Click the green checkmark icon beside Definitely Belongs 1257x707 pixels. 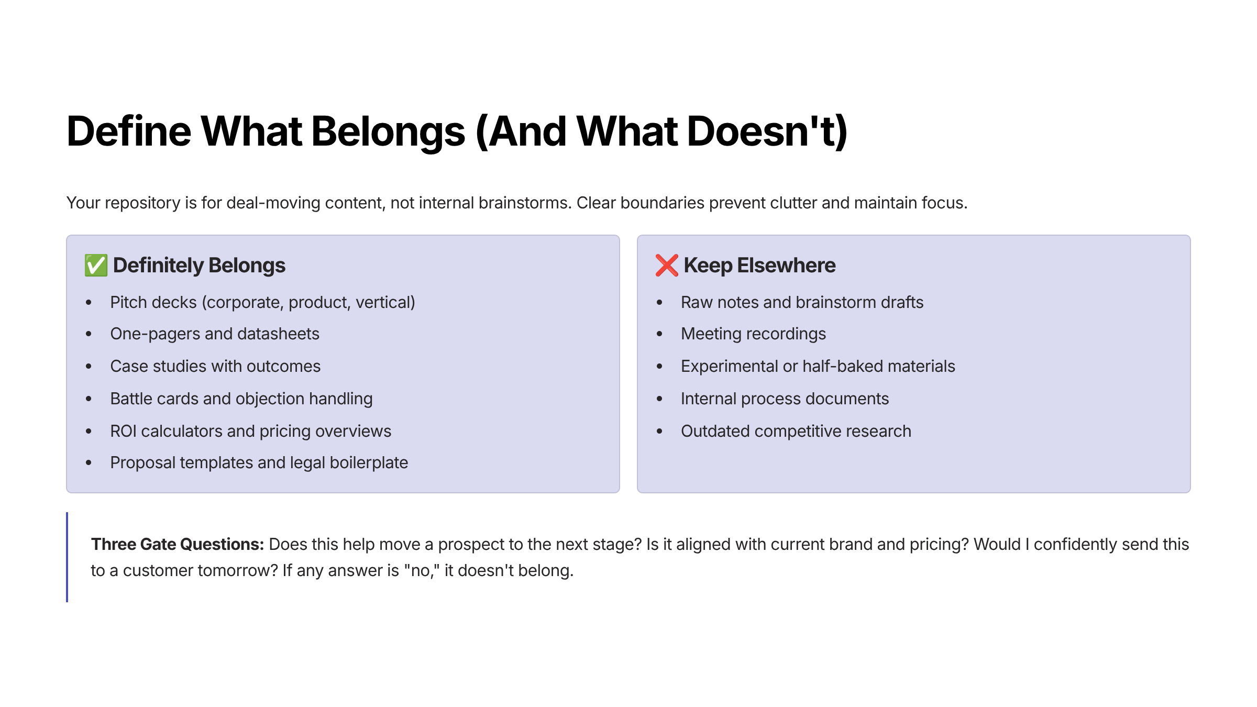96,266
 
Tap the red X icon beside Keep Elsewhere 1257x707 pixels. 667,266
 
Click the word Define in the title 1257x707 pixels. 129,131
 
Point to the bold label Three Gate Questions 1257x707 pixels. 178,545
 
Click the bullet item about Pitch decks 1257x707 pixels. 262,303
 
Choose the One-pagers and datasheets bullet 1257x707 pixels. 215,334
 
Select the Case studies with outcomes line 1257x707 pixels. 215,367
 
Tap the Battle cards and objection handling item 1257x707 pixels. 241,399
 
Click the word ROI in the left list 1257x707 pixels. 123,431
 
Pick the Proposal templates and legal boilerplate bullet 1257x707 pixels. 259,463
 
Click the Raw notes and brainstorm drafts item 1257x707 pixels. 802,303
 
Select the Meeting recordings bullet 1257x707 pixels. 753,334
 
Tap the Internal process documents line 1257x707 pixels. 785,399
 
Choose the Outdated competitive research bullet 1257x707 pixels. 796,432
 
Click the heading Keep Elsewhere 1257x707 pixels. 759,266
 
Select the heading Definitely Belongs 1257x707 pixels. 199,266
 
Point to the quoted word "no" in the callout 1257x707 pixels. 422,571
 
